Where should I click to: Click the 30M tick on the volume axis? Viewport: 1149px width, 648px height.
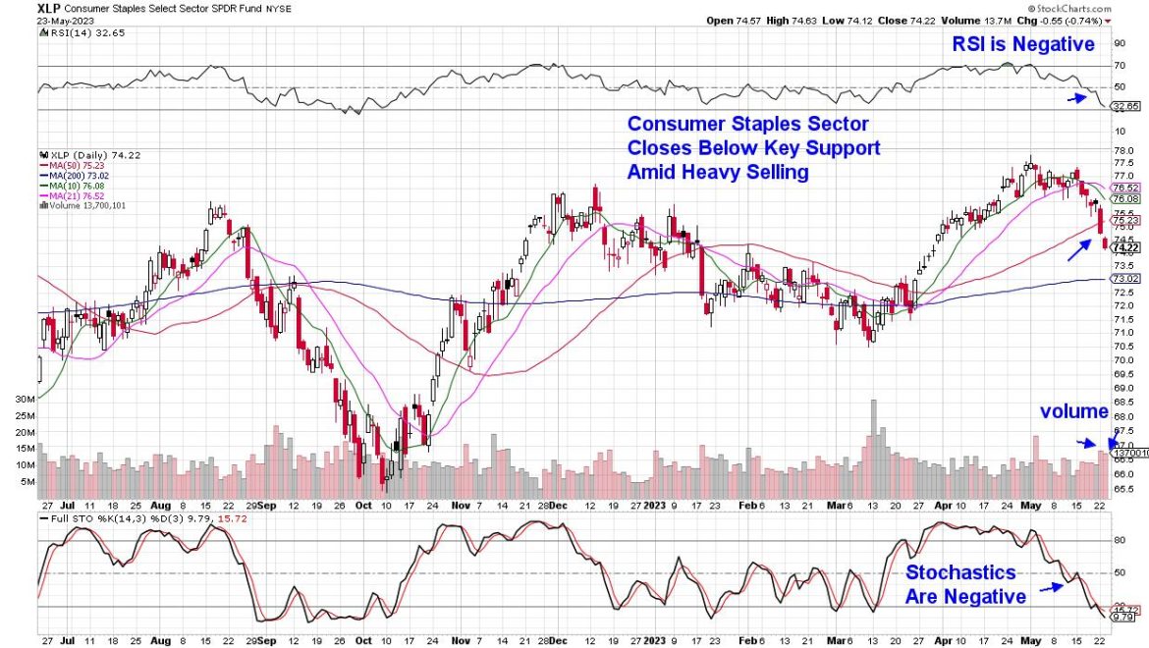tap(26, 400)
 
